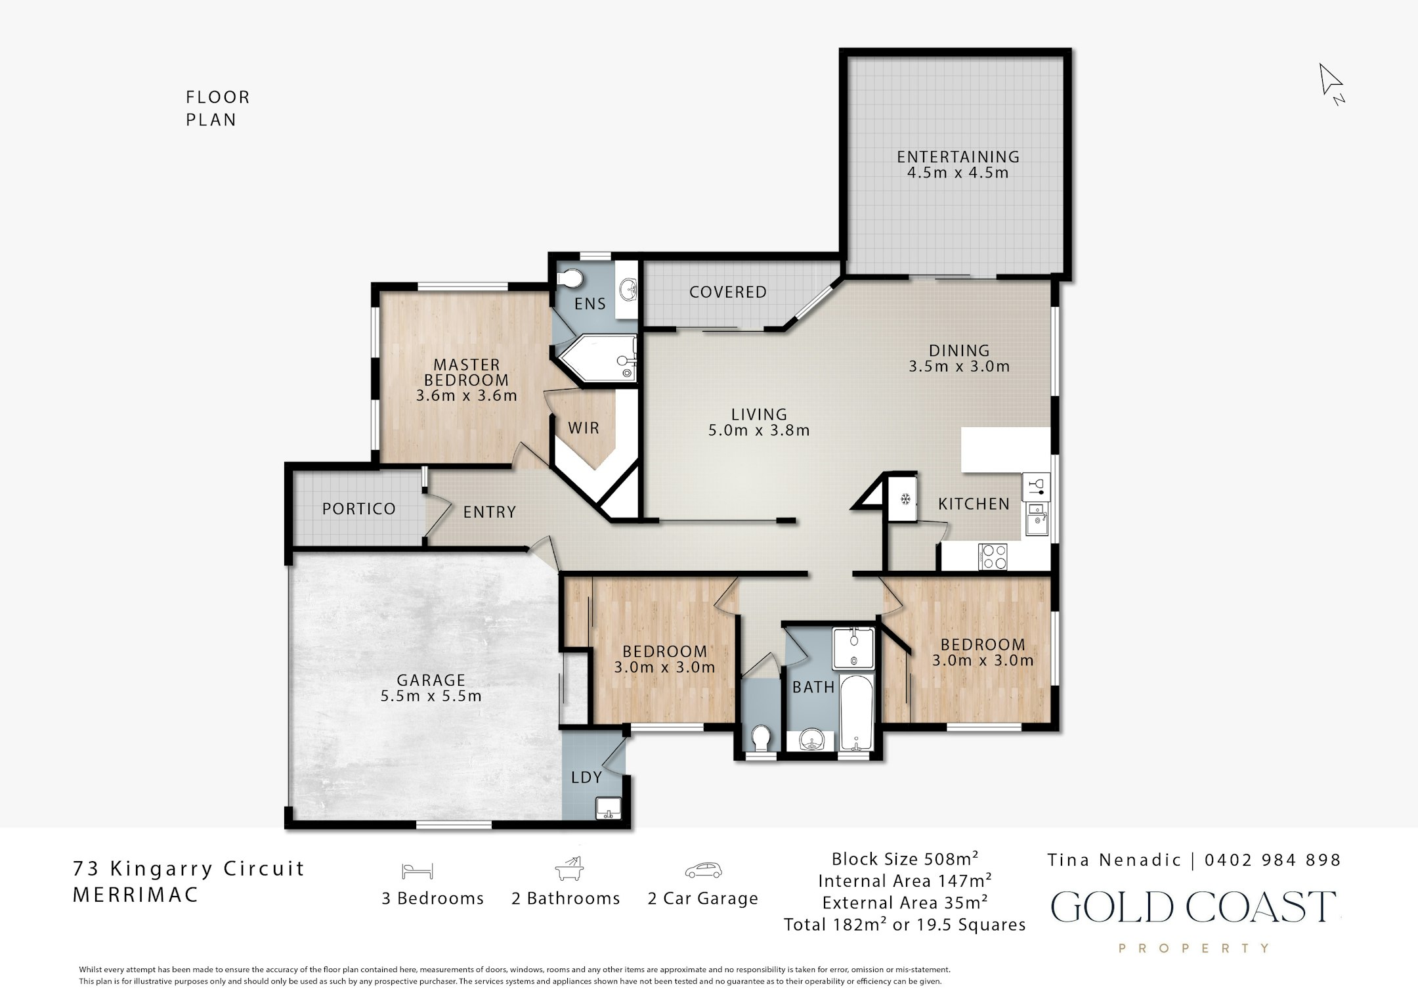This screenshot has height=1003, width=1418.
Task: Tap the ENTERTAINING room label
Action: [958, 157]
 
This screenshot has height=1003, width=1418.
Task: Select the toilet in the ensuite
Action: [569, 279]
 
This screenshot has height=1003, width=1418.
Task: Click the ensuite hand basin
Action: [629, 288]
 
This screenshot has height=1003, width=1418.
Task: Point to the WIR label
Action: [584, 428]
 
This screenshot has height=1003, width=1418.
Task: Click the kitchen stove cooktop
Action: [992, 557]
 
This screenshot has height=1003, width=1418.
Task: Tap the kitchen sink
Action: [1037, 519]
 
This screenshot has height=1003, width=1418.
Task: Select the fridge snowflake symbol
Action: [905, 500]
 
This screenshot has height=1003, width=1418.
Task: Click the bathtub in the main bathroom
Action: [856, 713]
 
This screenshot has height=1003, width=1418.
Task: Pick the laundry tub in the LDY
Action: [609, 809]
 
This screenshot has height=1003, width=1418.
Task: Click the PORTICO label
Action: [359, 509]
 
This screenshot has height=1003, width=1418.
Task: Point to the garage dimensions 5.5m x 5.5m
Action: [431, 696]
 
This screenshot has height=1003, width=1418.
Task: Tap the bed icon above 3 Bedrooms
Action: [418, 871]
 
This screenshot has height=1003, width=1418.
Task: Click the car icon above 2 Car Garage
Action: [703, 870]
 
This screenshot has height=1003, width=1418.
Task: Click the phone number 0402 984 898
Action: [1273, 860]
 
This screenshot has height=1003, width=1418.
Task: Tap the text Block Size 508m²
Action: [905, 858]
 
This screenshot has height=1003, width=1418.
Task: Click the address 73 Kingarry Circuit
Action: [189, 869]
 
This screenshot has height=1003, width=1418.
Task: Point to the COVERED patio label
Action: [728, 292]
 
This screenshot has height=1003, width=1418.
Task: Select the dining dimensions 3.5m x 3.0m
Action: [959, 367]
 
